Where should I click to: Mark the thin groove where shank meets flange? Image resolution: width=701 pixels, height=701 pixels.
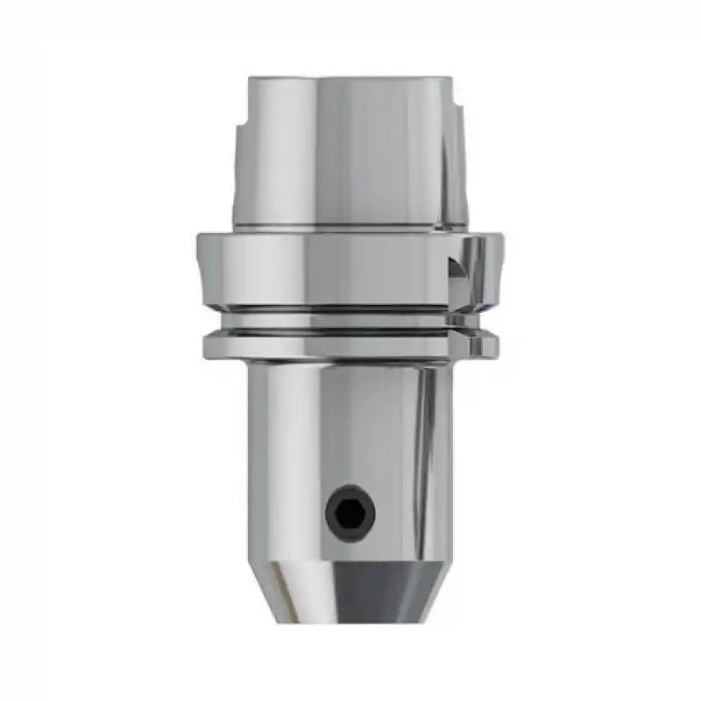pyautogui.click(x=346, y=230)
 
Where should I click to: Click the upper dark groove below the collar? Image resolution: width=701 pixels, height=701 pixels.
pyautogui.click(x=346, y=309)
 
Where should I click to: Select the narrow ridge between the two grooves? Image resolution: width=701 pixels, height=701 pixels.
pyautogui.click(x=346, y=321)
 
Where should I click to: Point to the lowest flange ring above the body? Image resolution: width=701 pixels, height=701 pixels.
pyautogui.click(x=346, y=347)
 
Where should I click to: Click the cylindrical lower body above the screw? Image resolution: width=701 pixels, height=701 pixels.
pyautogui.click(x=350, y=421)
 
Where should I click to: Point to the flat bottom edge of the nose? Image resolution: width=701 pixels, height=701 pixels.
pyautogui.click(x=350, y=621)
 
